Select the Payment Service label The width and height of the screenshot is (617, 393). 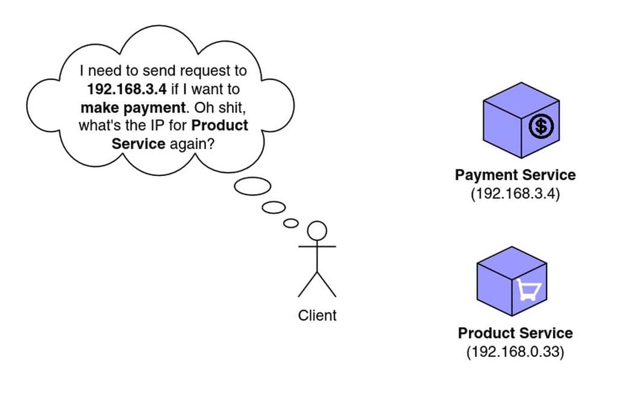click(515, 175)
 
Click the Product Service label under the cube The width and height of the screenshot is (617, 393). click(515, 333)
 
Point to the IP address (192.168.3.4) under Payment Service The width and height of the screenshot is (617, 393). click(515, 194)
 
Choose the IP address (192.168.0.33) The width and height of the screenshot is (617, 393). click(515, 352)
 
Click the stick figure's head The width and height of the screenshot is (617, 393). click(317, 230)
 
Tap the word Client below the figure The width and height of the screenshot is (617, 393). click(317, 315)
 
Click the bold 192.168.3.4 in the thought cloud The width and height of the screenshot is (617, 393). click(127, 90)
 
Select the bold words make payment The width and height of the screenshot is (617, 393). click(131, 108)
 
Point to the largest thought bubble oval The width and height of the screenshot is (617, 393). click(252, 187)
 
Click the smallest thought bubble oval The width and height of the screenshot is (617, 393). click(291, 223)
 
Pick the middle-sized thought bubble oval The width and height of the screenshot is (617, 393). click(274, 207)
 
